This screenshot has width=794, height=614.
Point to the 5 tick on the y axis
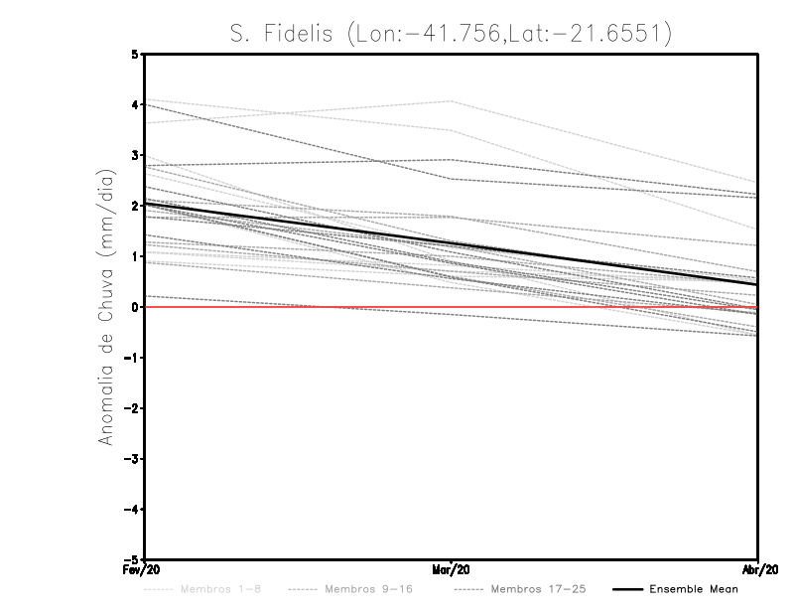[135, 54]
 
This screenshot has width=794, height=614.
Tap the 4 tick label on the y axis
[135, 104]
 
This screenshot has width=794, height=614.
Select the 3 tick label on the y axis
[135, 155]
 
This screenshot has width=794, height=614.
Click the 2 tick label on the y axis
[135, 206]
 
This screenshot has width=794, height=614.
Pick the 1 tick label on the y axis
[135, 256]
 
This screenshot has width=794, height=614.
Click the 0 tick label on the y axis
[135, 307]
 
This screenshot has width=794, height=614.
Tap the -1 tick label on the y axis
[132, 358]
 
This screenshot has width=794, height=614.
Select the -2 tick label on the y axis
[132, 408]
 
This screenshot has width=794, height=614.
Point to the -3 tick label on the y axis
[132, 459]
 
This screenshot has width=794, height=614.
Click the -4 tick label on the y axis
[132, 510]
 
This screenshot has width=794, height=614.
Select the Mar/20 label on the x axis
[452, 570]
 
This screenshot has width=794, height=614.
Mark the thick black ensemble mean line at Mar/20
[452, 243]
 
